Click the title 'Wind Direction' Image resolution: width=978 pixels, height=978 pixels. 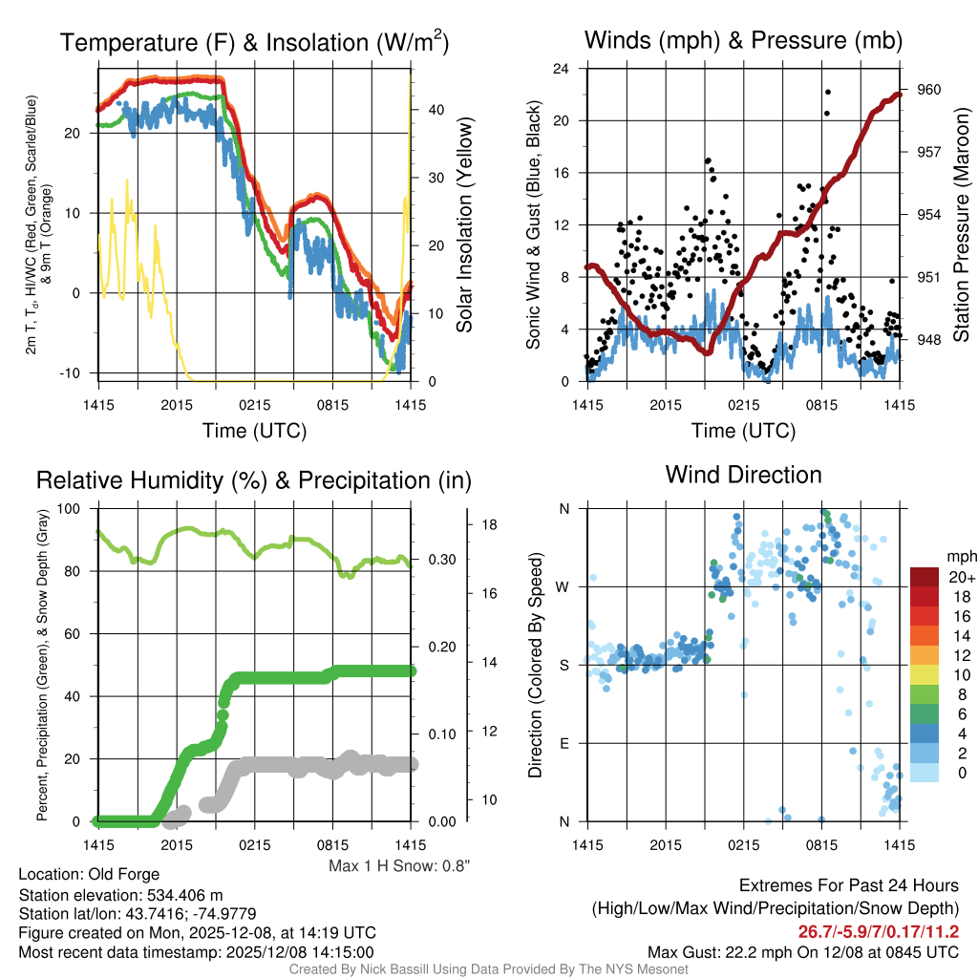click(x=743, y=475)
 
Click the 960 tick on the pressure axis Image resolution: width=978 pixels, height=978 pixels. click(x=930, y=90)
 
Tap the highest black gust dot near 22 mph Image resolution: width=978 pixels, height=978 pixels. click(x=827, y=93)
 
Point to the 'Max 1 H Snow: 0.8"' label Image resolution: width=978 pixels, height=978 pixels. click(x=398, y=865)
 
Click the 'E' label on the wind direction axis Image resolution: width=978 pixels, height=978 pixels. click(x=564, y=743)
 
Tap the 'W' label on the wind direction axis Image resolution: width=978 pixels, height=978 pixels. click(x=563, y=586)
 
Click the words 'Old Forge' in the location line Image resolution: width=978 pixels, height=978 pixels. click(x=123, y=874)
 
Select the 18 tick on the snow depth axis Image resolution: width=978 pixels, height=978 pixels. click(x=488, y=525)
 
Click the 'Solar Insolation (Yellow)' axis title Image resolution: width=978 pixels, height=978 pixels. click(x=465, y=225)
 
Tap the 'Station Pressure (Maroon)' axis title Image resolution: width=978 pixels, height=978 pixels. click(x=962, y=225)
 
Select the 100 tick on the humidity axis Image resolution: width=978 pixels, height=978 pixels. click(x=72, y=509)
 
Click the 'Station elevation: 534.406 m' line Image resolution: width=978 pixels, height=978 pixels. click(x=120, y=895)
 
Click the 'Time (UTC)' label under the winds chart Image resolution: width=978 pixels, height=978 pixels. click(x=743, y=431)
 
